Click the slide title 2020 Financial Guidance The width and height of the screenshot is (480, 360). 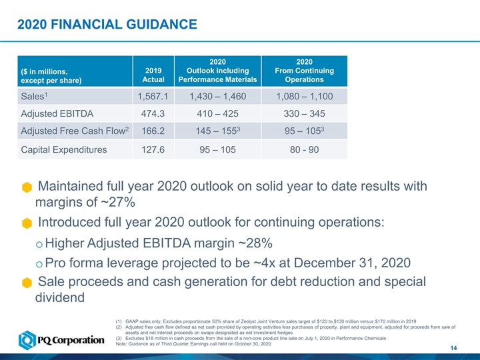point(107,25)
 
